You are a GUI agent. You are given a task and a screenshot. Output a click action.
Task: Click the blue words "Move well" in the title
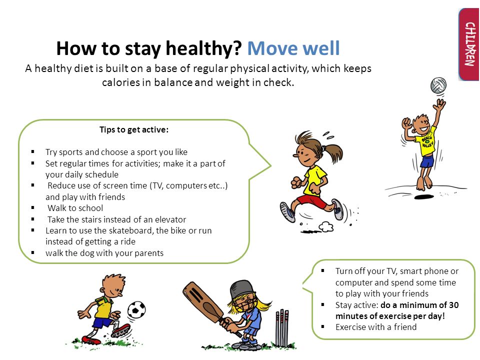pos(293,48)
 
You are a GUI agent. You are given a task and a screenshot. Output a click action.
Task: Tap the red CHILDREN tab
pos(469,44)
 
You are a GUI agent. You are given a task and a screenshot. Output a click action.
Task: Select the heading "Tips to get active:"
pos(134,130)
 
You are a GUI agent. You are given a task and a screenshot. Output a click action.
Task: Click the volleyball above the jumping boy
pos(438,85)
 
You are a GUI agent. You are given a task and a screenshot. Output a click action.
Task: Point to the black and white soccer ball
pos(136,309)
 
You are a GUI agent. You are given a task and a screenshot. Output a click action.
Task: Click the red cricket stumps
pos(282,327)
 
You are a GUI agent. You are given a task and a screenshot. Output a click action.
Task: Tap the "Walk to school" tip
pos(75,208)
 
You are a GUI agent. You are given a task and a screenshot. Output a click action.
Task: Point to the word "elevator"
pos(170,219)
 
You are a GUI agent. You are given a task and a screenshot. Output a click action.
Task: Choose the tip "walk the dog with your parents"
pos(104,253)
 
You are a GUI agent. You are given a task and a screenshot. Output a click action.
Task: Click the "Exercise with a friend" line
pos(376,327)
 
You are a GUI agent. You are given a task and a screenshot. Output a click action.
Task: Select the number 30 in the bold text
pos(453,305)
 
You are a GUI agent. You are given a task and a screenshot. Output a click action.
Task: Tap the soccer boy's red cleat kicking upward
pos(121,330)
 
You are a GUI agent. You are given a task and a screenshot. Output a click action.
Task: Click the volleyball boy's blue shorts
pos(427,161)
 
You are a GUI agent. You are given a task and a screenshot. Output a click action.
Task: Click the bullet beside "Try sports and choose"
pos(33,152)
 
